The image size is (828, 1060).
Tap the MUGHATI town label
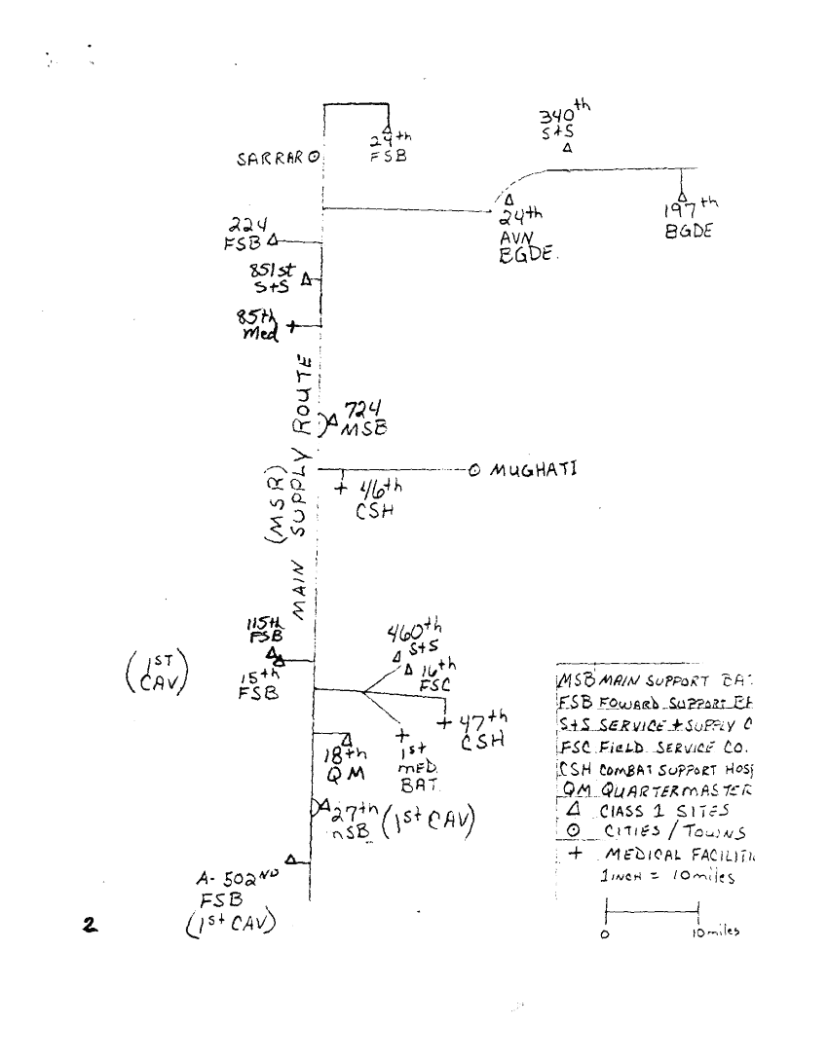coord(534,469)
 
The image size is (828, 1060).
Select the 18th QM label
coord(344,764)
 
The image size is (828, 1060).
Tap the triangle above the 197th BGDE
coord(683,196)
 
